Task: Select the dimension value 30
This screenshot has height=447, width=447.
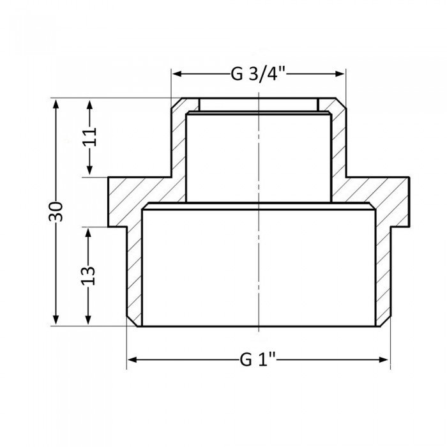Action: pos(57,211)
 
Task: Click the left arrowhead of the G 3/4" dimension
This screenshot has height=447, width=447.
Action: pos(176,75)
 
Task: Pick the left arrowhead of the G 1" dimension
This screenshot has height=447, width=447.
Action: pos(133,360)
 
